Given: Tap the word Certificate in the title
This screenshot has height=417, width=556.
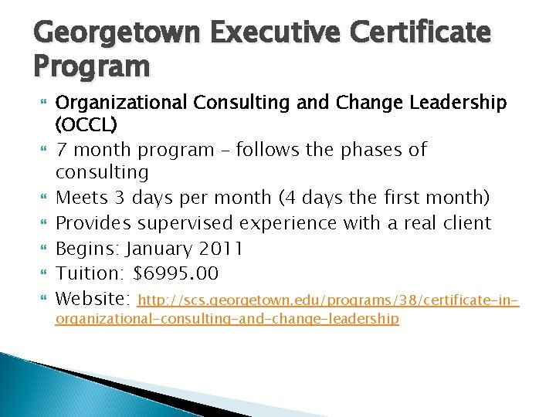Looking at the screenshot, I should click(x=422, y=33).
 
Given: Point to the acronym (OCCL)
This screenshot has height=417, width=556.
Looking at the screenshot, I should click(x=86, y=124).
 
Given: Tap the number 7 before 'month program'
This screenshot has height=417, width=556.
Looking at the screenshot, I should click(x=63, y=149).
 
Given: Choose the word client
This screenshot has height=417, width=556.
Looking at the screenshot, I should click(x=464, y=223).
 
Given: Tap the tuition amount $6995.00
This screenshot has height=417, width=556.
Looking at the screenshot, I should click(x=176, y=273).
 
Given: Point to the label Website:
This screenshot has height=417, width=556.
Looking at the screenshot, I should click(x=93, y=298).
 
